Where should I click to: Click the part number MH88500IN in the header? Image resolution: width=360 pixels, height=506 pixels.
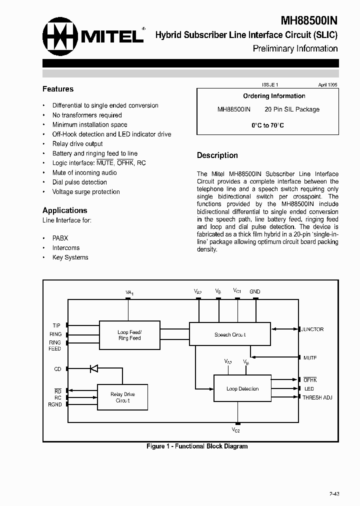(x=308, y=20)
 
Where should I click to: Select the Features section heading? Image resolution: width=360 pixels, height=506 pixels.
(x=58, y=89)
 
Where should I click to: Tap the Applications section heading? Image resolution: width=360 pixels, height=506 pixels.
(x=65, y=210)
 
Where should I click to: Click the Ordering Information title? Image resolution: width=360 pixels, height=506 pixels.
(x=274, y=96)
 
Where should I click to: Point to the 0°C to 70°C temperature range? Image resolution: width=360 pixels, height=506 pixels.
(x=267, y=125)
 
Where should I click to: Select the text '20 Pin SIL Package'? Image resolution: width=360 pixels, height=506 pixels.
(x=292, y=109)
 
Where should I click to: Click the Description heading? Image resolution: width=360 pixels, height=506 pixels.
(x=217, y=155)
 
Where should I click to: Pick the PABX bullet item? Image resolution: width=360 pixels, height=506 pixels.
(x=60, y=238)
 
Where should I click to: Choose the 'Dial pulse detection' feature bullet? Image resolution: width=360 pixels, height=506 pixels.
(x=79, y=182)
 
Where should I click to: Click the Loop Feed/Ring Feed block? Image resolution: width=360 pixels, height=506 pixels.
(x=129, y=335)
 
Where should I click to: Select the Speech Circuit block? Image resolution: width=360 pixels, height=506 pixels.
(x=230, y=335)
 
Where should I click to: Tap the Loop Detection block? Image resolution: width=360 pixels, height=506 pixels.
(x=242, y=388)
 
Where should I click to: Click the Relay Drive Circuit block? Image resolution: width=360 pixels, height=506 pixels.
(x=122, y=397)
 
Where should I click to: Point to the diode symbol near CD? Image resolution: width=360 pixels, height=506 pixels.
(x=93, y=369)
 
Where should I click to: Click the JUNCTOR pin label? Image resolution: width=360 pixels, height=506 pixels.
(x=312, y=329)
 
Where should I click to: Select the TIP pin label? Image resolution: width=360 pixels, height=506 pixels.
(x=56, y=325)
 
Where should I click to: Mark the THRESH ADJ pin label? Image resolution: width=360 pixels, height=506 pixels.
(x=317, y=398)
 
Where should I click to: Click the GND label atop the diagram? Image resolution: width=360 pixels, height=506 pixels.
(x=255, y=291)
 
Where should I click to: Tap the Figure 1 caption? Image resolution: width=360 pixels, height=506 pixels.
(x=197, y=446)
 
